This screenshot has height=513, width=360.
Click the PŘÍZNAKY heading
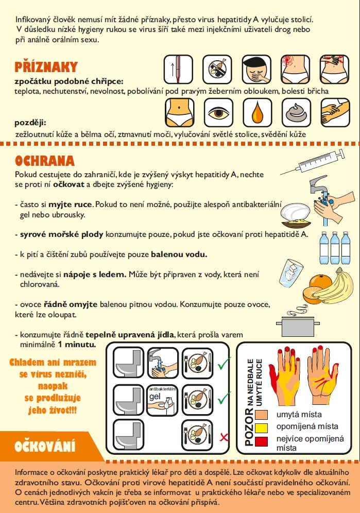[x=46, y=67]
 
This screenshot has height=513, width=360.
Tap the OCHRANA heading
[x=45, y=161]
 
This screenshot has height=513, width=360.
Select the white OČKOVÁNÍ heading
[x=45, y=446]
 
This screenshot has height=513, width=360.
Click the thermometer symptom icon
[x=178, y=70]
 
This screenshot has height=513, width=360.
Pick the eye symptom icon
[x=218, y=113]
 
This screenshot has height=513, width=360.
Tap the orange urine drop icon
[x=257, y=113]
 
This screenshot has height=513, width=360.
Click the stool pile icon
[x=296, y=113]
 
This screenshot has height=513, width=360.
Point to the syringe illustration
[x=313, y=162]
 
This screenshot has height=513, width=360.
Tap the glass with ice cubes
[x=292, y=273]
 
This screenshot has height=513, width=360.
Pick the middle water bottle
[x=334, y=248]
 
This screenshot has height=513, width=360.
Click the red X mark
[x=224, y=437]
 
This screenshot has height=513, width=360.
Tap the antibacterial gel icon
[x=162, y=400]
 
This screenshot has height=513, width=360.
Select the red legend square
[x=261, y=441]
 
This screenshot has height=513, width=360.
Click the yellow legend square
[x=261, y=428]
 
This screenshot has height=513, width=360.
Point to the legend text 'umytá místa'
[x=299, y=415]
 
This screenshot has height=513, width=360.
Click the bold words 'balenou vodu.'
[x=179, y=254]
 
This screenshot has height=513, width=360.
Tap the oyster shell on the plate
[x=295, y=212]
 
